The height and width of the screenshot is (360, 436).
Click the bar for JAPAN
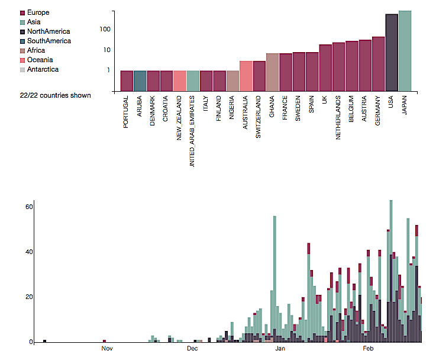(x=405, y=51)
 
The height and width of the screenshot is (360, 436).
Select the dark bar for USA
(x=392, y=53)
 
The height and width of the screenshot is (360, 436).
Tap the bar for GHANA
(x=272, y=72)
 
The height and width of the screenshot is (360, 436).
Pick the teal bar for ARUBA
(x=140, y=81)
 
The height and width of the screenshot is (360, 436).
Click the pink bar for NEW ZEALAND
(x=180, y=81)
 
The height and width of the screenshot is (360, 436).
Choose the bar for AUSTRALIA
(x=246, y=76)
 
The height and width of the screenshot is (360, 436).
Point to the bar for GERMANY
(x=379, y=64)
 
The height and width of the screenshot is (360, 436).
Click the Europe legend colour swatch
(x=22, y=12)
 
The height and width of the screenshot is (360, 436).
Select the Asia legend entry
(x=34, y=22)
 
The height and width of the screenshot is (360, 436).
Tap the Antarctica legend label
(x=43, y=69)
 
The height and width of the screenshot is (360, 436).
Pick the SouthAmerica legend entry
(x=49, y=41)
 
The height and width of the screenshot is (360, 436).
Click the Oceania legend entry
(x=40, y=60)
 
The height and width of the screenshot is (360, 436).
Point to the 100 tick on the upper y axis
(x=105, y=29)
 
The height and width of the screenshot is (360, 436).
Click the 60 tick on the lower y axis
(x=28, y=207)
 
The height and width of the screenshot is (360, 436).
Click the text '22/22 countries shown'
(x=55, y=95)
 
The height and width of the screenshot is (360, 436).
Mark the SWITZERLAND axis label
(x=259, y=117)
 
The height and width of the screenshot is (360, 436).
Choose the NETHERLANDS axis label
(x=338, y=118)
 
